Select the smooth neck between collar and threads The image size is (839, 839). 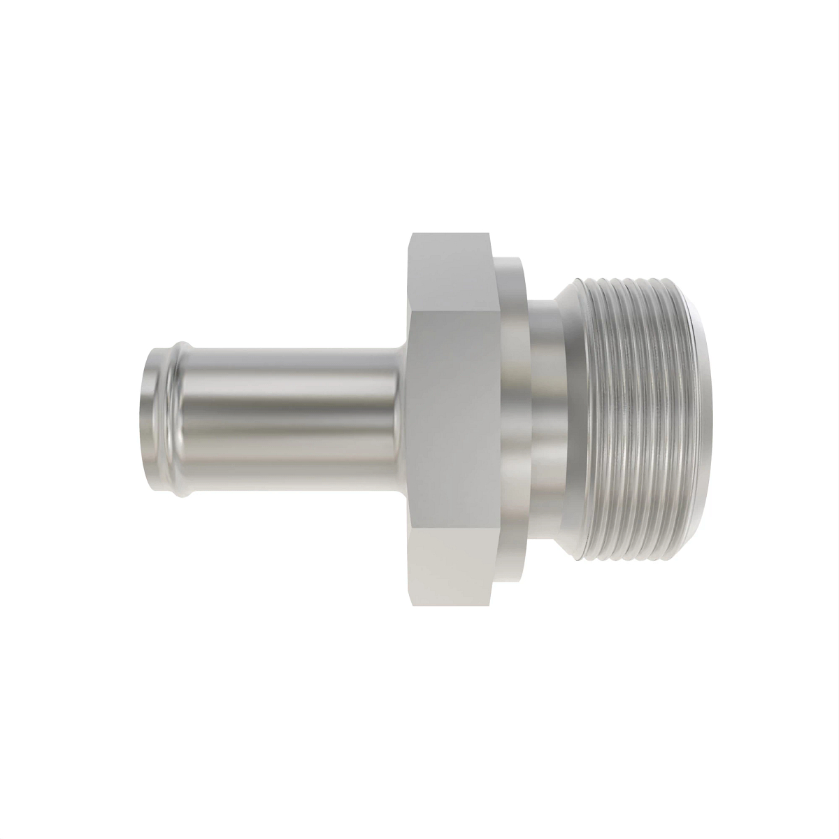point(549,419)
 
